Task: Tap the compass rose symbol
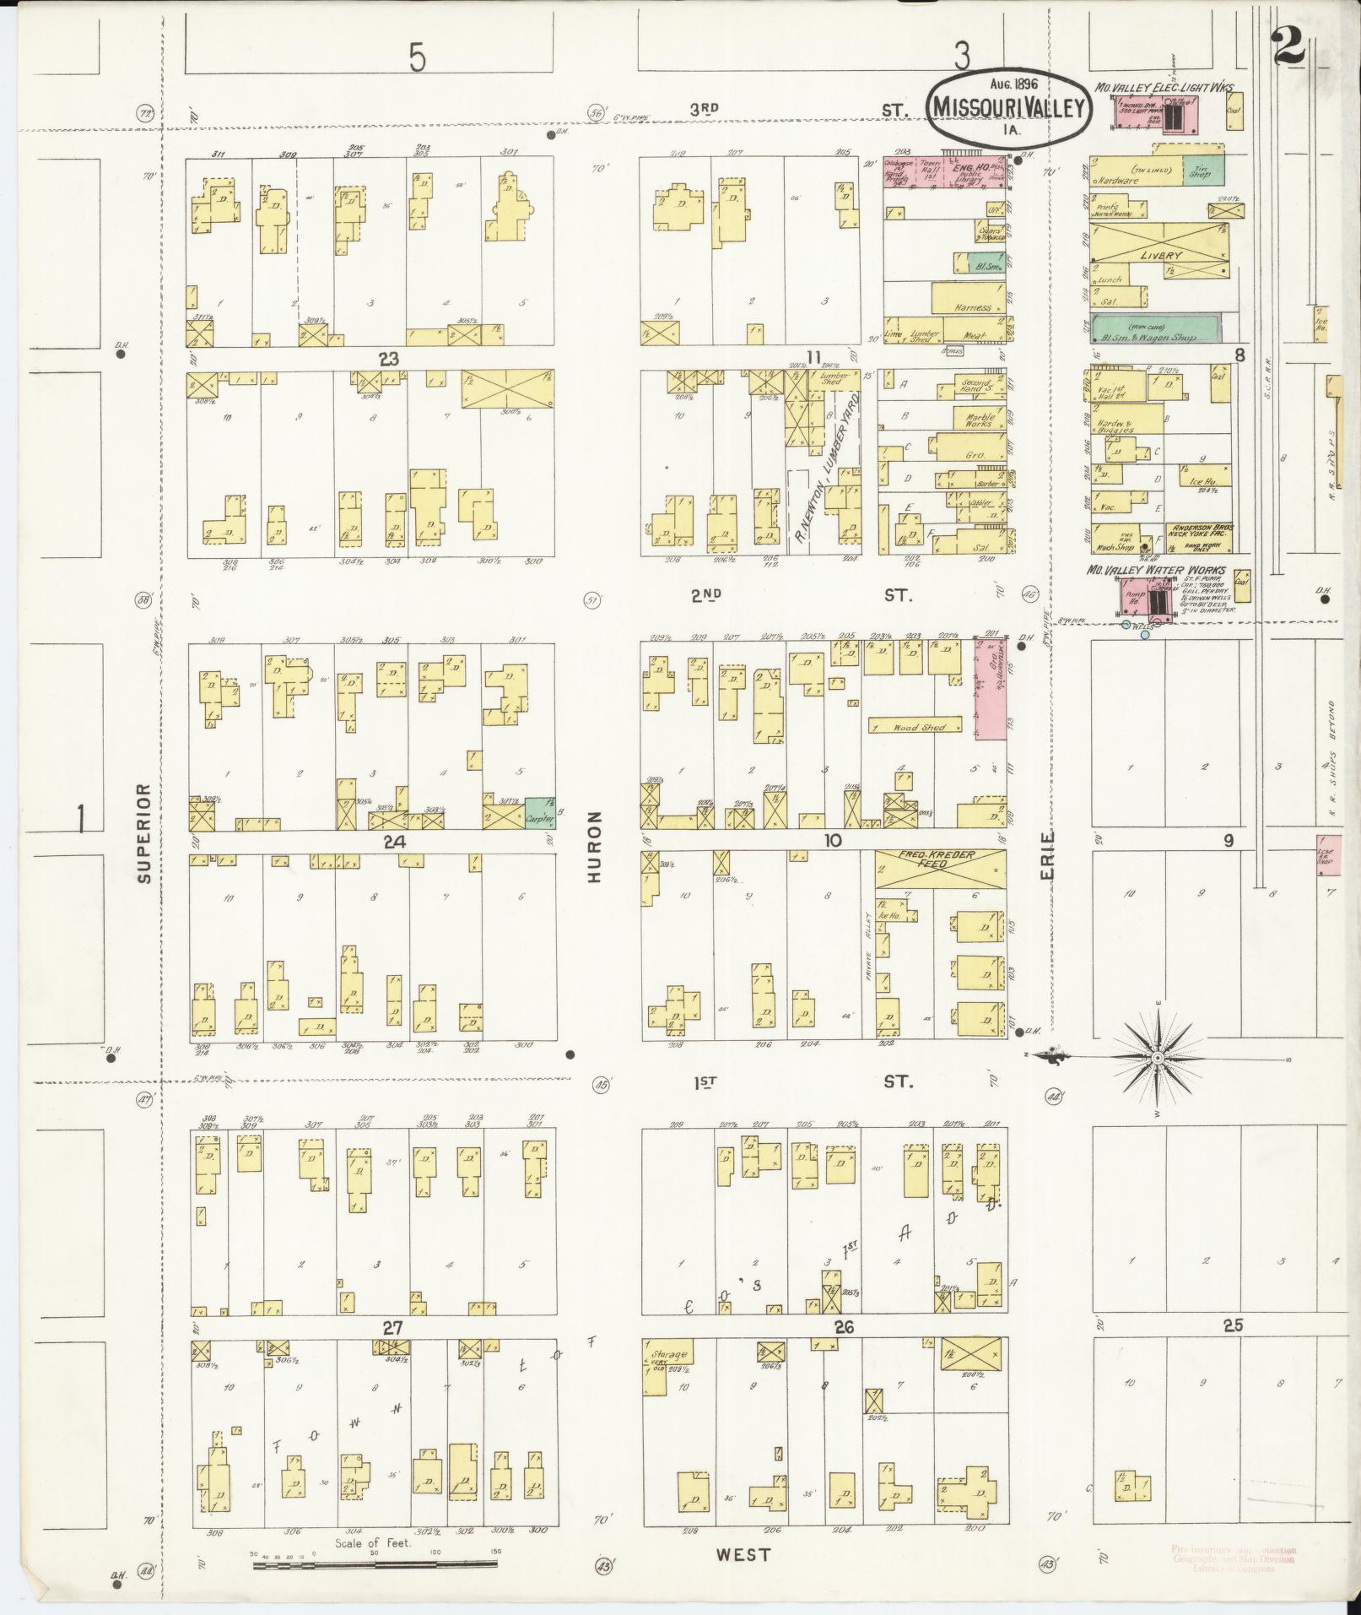[1158, 1057]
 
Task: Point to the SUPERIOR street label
[144, 832]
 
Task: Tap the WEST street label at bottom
[745, 1554]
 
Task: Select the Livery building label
[1163, 255]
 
